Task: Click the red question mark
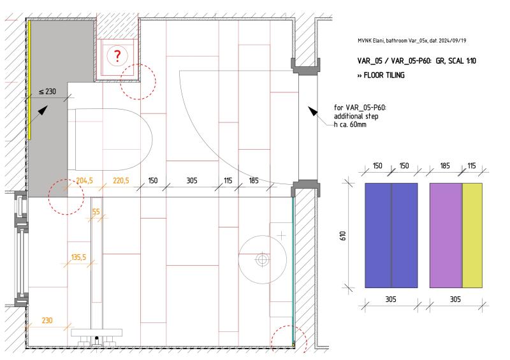click(x=117, y=56)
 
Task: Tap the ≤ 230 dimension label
click(x=47, y=92)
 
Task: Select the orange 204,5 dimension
click(x=84, y=180)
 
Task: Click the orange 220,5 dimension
click(x=120, y=180)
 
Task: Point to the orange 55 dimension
click(x=96, y=212)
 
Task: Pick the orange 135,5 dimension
click(x=78, y=257)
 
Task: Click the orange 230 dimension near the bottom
click(x=47, y=320)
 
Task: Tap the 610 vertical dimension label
click(x=343, y=236)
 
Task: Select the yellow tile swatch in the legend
click(x=472, y=236)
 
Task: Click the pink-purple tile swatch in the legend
click(x=446, y=236)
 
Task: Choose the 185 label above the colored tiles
click(x=445, y=166)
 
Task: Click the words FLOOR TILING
click(x=384, y=75)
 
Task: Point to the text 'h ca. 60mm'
click(x=350, y=124)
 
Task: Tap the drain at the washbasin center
click(x=262, y=260)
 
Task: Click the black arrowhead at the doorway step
click(x=312, y=111)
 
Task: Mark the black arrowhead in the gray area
click(x=43, y=110)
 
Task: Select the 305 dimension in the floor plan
click(x=192, y=180)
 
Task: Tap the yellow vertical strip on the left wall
click(x=29, y=80)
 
